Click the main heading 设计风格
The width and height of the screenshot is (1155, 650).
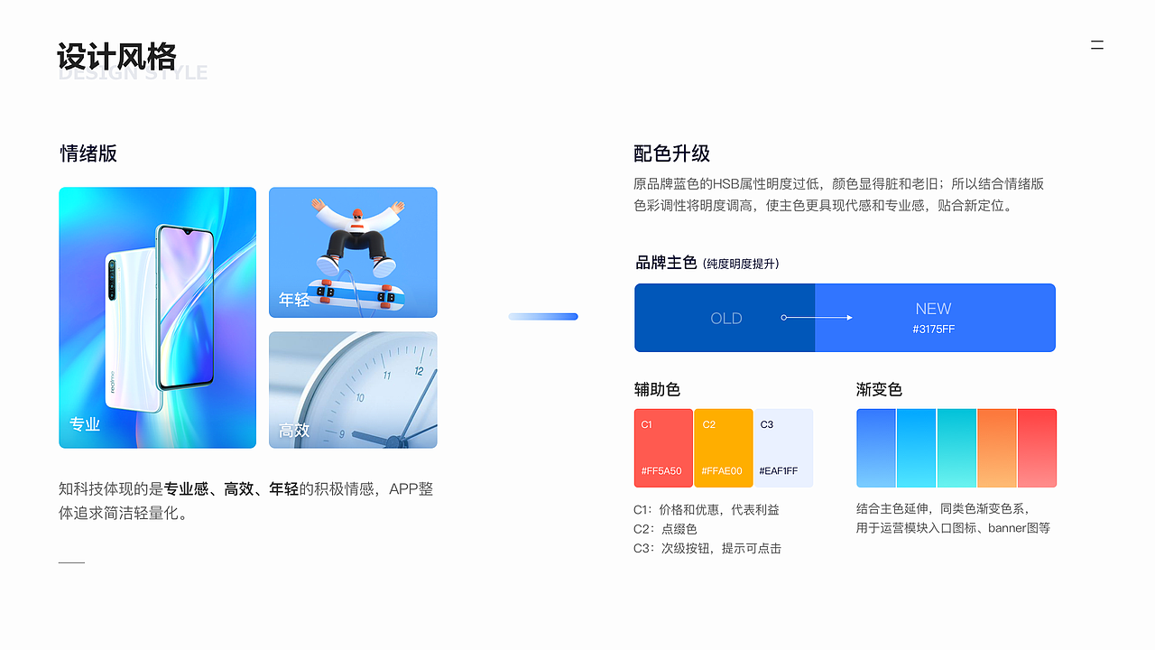click(116, 56)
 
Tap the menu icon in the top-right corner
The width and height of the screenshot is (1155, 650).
click(1096, 45)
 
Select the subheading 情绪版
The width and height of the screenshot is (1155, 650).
click(88, 153)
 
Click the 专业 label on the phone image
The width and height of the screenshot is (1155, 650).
click(85, 424)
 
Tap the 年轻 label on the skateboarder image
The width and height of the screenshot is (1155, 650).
click(294, 300)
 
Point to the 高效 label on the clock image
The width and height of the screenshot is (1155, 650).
click(294, 431)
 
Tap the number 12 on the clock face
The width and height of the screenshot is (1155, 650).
click(419, 370)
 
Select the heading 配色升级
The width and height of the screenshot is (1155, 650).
click(671, 153)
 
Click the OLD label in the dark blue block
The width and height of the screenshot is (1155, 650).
click(725, 319)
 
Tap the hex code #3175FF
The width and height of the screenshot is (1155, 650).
click(933, 330)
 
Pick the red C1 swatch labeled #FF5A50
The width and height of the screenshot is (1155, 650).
click(663, 448)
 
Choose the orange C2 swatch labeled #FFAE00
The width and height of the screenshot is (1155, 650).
click(723, 448)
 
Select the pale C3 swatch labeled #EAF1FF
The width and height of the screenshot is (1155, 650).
click(783, 448)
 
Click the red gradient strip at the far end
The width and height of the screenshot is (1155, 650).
click(1037, 448)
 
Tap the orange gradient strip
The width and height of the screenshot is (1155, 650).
click(996, 448)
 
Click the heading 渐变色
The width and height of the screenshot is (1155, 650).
click(879, 389)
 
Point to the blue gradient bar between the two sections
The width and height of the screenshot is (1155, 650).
click(542, 316)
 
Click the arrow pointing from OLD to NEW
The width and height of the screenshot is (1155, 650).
click(818, 318)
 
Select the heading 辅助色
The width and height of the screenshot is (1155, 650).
click(657, 389)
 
